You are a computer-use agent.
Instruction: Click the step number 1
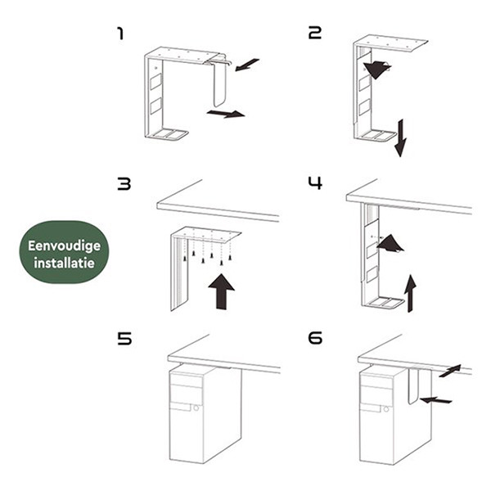point(120,34)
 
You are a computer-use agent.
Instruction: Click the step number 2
point(315,33)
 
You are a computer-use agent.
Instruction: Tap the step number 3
point(124,184)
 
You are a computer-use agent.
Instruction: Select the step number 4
point(315,183)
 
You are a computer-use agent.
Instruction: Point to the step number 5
point(124,339)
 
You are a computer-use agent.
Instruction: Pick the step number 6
point(315,338)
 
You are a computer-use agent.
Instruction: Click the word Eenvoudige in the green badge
point(64,246)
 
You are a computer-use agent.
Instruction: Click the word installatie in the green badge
point(64,263)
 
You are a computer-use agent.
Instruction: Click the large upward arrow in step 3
point(222,291)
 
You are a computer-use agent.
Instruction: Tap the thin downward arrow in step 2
point(400,137)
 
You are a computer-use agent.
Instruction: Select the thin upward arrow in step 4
point(410,293)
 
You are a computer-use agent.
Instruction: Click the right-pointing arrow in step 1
point(226,114)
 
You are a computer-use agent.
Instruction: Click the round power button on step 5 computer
point(196,408)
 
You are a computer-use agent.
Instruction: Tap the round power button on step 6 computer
point(386,409)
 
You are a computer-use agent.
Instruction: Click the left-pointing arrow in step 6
point(435,400)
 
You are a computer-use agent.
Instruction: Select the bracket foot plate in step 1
point(168,135)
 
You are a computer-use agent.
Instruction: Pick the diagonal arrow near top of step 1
point(247,65)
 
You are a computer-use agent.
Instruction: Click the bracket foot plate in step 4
point(384,303)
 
